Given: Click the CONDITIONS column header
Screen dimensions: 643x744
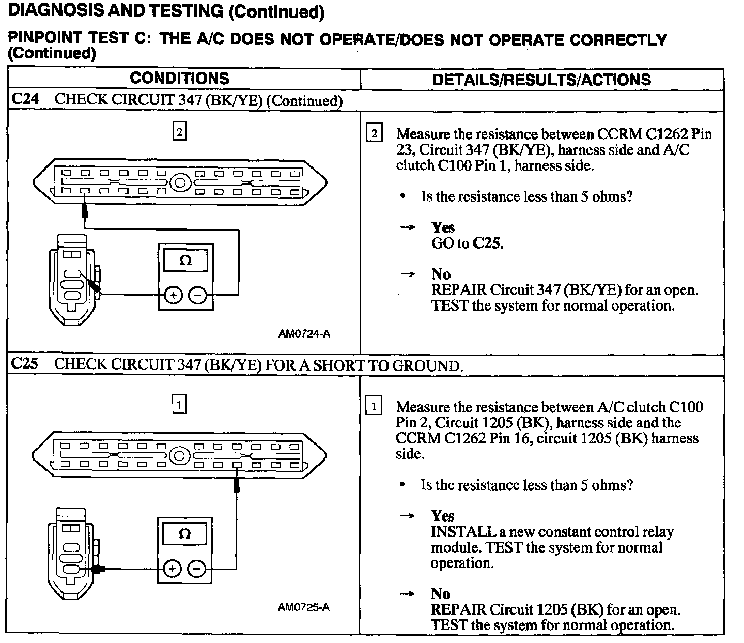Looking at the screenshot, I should click(x=179, y=79).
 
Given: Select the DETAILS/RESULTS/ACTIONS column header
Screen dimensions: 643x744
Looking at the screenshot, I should click(x=541, y=80).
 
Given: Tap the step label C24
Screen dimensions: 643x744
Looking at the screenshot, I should click(x=25, y=99).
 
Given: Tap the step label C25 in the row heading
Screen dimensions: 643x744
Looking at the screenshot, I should click(x=25, y=364).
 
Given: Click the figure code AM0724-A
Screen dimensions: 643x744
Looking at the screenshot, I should click(x=304, y=334).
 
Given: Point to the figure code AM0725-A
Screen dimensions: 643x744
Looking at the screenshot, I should click(x=303, y=607).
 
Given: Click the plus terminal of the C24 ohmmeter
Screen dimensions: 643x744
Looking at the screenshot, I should click(x=174, y=296).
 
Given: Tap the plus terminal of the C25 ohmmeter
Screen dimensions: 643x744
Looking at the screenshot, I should click(x=172, y=569).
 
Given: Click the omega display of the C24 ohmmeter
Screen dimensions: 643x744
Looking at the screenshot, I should click(x=185, y=261).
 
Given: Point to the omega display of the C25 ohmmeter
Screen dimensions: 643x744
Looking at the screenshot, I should click(x=184, y=534).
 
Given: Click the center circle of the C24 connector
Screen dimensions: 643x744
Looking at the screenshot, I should click(x=180, y=182).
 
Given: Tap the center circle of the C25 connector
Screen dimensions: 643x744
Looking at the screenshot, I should click(x=179, y=456).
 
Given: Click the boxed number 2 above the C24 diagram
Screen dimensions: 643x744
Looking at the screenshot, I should click(x=179, y=132).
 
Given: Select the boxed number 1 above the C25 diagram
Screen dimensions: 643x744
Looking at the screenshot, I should click(x=179, y=405).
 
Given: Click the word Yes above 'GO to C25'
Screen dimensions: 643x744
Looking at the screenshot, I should click(x=443, y=227).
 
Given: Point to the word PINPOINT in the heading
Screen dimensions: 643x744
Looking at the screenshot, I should click(x=45, y=38).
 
